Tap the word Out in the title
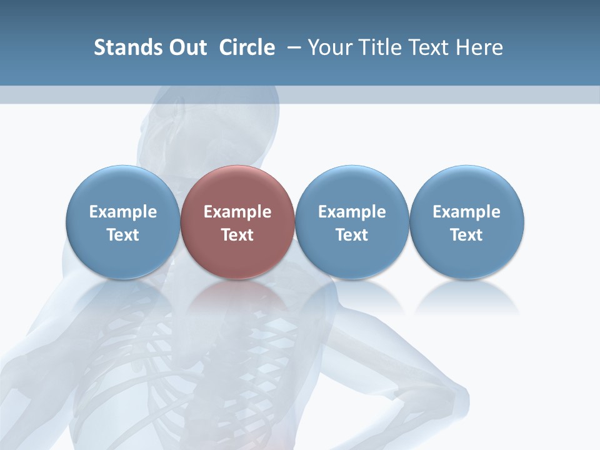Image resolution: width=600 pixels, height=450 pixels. (x=186, y=47)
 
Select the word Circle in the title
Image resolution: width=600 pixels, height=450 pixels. (x=247, y=47)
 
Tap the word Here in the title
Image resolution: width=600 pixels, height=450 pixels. (x=479, y=47)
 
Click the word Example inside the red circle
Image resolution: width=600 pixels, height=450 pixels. (x=237, y=212)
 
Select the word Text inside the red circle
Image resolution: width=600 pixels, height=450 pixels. (x=237, y=235)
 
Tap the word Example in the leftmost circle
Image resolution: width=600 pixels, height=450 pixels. (x=123, y=212)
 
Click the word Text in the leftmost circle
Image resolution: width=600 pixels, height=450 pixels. (x=123, y=235)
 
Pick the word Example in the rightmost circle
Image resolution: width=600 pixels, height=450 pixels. (x=467, y=212)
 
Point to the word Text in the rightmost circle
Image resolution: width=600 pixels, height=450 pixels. (x=467, y=235)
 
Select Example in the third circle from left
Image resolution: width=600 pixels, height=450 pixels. (x=352, y=212)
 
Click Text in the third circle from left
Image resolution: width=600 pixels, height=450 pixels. (x=352, y=235)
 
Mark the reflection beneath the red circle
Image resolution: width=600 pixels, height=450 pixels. (x=237, y=297)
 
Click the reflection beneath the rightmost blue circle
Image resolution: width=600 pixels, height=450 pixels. (x=467, y=297)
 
